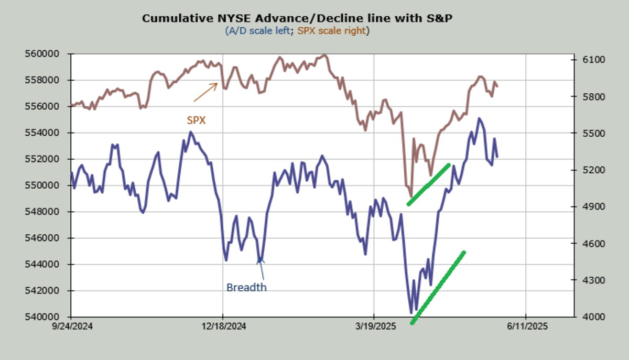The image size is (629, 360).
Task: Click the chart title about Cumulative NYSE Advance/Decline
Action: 297,19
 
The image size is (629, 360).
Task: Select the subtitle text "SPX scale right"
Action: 332,31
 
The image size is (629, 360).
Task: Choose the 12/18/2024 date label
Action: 223,326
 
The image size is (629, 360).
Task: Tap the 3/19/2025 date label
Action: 374,326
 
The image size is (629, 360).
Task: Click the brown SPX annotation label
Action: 197,121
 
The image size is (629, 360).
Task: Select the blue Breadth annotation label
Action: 246,288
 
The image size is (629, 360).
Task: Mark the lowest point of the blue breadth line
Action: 411,313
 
